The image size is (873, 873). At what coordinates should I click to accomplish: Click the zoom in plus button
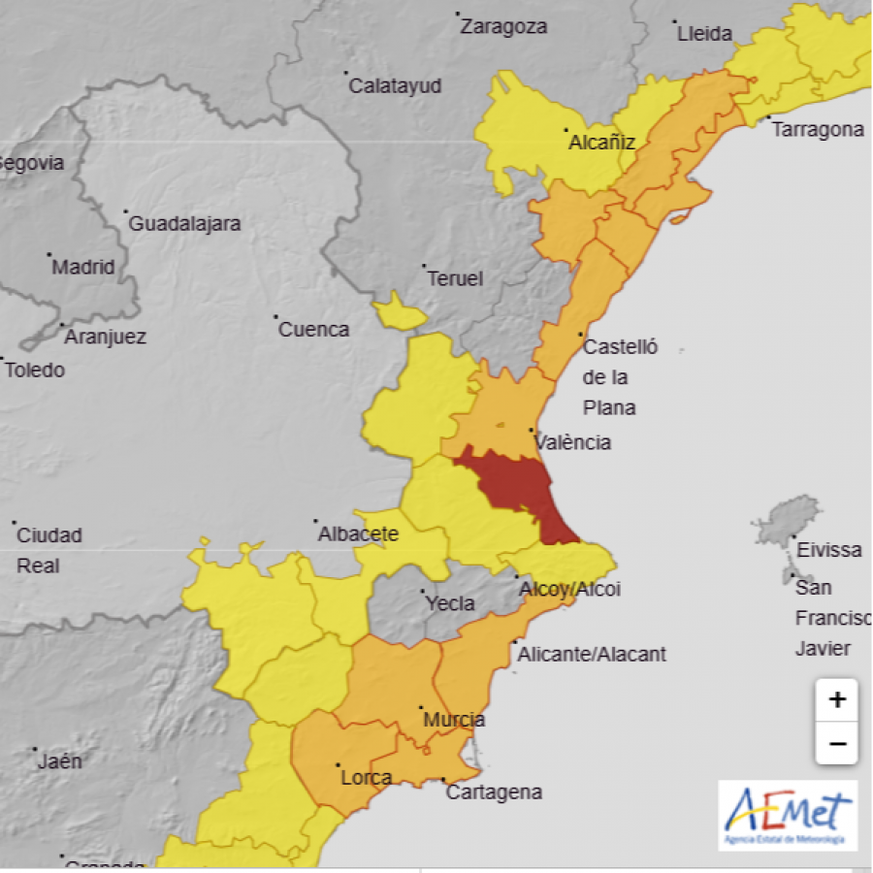click(836, 699)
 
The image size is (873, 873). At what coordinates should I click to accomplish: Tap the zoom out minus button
click(836, 744)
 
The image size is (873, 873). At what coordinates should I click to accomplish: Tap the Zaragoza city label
click(503, 27)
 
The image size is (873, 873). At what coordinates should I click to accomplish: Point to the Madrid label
click(83, 268)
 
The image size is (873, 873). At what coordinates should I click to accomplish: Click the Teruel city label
click(455, 279)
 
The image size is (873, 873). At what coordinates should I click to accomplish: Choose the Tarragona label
click(817, 130)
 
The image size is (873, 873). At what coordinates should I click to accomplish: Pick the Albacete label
click(359, 533)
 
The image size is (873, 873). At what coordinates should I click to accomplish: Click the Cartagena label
click(494, 792)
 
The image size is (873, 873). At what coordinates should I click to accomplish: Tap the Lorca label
click(366, 778)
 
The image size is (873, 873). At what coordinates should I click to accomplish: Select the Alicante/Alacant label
click(592, 654)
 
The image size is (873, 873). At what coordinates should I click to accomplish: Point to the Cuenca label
click(313, 330)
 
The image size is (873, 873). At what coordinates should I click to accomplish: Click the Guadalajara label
click(184, 224)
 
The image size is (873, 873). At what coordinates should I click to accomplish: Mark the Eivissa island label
click(828, 550)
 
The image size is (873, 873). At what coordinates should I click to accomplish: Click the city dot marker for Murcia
click(421, 708)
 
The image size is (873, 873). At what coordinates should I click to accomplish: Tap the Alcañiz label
click(601, 144)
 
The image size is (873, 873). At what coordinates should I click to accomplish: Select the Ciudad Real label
click(49, 550)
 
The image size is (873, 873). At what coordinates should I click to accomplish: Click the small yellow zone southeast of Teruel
click(398, 312)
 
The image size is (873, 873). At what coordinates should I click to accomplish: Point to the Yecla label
click(450, 603)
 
